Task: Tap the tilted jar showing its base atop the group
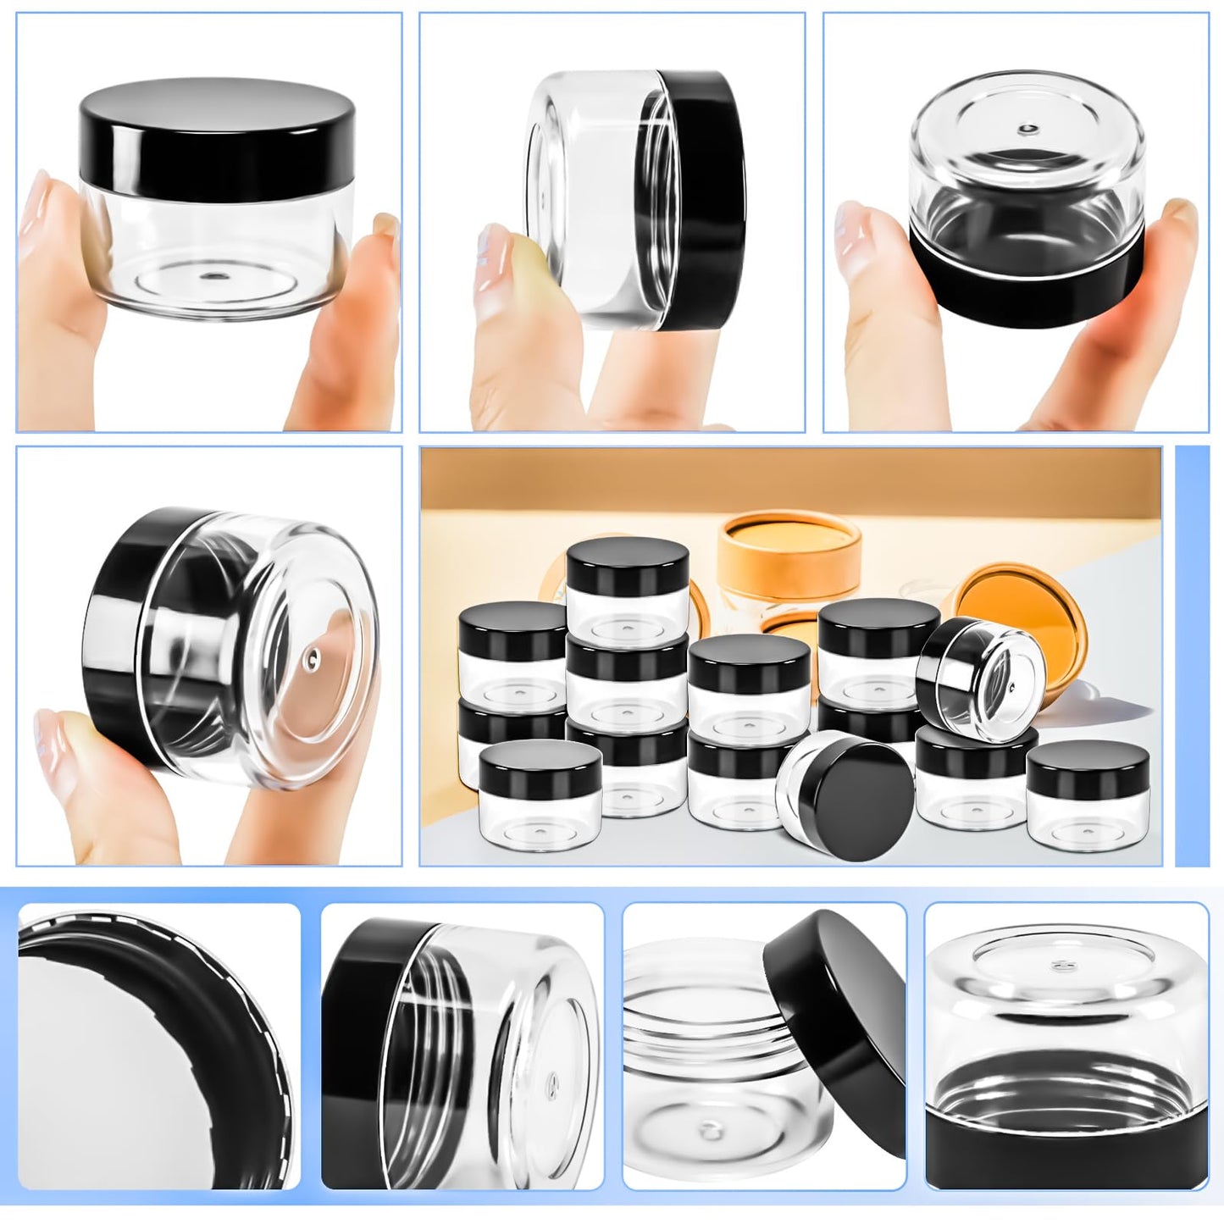tap(983, 669)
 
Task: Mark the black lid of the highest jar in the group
tap(627, 563)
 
